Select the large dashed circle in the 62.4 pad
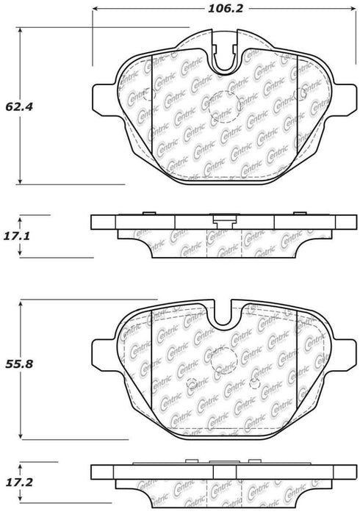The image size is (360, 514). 221,110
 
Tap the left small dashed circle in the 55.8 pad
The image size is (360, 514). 192,383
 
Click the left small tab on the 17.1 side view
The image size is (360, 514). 148,214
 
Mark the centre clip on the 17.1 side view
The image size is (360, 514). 221,218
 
